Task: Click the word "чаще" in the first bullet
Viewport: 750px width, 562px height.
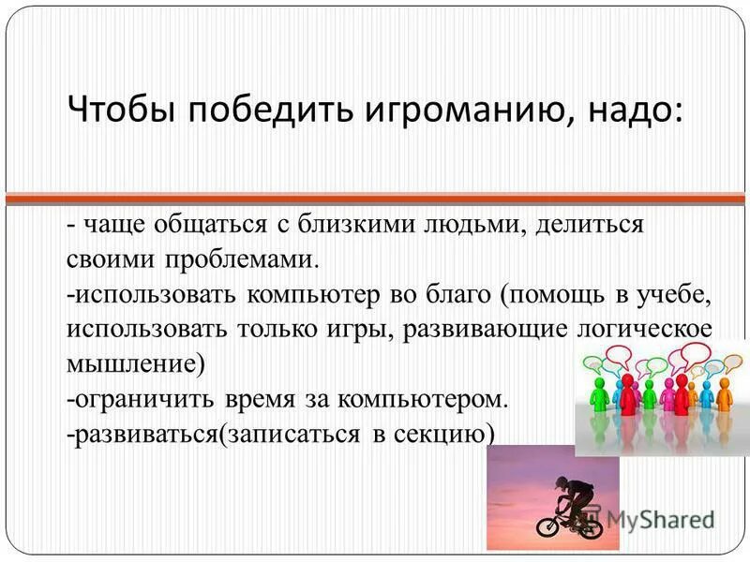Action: click(x=111, y=226)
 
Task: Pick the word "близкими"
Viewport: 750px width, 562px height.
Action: click(x=352, y=226)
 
